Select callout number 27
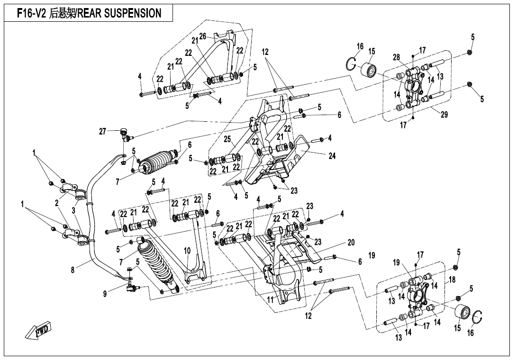[x=102, y=132]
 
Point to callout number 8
[x=73, y=270]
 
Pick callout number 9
[x=105, y=294]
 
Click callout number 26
[x=202, y=36]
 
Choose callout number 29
[x=444, y=114]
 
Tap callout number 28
[x=396, y=57]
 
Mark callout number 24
[x=332, y=155]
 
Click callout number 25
[x=227, y=139]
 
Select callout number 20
[x=351, y=242]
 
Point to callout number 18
[x=452, y=280]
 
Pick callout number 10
[x=187, y=251]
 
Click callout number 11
[x=271, y=299]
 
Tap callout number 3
[x=74, y=210]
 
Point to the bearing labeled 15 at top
[x=370, y=70]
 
